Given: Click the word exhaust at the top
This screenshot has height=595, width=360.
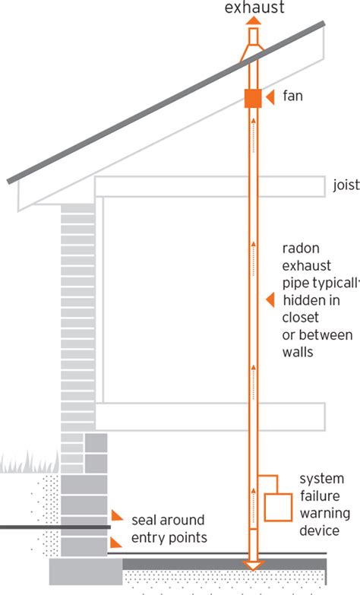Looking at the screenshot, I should coord(253,8).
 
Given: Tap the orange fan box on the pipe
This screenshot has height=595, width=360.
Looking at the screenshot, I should coord(253,98).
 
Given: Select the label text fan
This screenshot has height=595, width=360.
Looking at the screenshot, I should coord(293,97).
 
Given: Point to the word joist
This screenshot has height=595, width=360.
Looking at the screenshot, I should coord(346,185).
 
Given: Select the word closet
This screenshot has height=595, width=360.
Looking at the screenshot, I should coord(300,317).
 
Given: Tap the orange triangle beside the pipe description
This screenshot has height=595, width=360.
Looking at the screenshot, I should coord(269,300).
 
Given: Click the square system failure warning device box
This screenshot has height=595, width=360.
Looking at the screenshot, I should coord(277,507).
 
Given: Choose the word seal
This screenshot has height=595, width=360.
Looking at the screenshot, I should coord(144,521).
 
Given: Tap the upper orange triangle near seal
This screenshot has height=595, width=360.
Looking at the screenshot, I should coord(116,516).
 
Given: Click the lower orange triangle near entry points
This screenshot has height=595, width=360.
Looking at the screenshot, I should coord(116,542).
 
